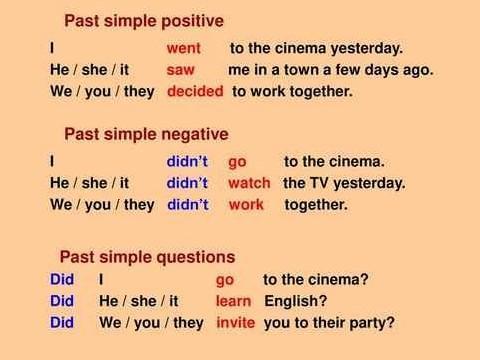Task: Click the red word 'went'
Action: point(183,48)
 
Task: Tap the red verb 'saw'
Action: point(180,70)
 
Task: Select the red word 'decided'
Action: point(195,91)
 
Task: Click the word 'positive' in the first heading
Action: point(193,21)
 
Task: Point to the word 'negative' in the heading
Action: point(195,135)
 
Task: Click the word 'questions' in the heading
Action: point(196,257)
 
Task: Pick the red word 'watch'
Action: point(249,183)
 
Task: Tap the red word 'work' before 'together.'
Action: point(246,205)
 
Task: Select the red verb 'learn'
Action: point(233,301)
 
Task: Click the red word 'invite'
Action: point(236,323)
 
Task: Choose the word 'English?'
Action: point(296,301)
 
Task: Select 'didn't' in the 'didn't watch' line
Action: point(187,183)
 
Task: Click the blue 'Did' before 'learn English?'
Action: point(62,301)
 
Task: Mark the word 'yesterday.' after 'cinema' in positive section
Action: point(367,49)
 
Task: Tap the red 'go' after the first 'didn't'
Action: point(237,162)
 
